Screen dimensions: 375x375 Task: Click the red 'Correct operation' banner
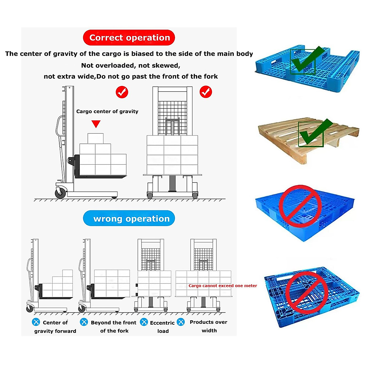click(129, 37)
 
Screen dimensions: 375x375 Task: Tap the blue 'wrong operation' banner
click(129, 218)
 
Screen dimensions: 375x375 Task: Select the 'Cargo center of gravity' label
click(107, 111)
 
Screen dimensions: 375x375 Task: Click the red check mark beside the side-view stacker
click(122, 92)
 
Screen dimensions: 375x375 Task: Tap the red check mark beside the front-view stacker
click(206, 92)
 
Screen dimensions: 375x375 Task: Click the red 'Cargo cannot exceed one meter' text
click(222, 286)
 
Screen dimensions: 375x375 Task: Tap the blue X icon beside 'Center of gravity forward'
click(36, 322)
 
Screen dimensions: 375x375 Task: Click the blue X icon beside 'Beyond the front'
click(84, 322)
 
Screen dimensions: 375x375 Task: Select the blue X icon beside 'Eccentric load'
click(144, 322)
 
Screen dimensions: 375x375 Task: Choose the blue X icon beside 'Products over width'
click(181, 322)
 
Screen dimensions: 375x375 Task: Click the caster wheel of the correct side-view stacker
click(60, 193)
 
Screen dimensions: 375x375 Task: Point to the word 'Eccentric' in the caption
click(162, 323)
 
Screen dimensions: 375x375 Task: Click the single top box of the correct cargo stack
click(95, 138)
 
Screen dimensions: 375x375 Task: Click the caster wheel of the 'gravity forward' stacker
click(30, 308)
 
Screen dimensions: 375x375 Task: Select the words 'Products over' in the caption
click(208, 322)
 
